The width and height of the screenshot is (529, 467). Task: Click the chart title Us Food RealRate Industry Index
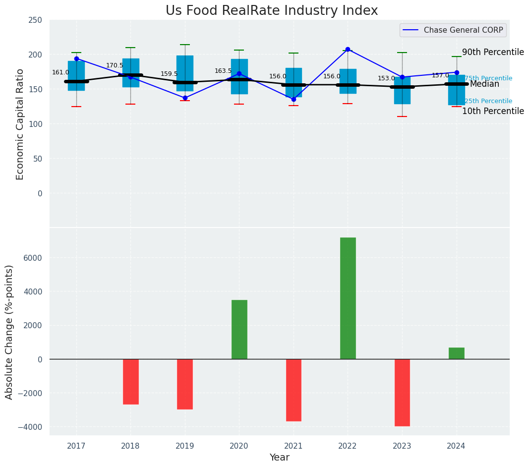click(271, 11)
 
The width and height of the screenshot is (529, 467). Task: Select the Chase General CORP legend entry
click(463, 30)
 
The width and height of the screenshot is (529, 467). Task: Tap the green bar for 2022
click(348, 298)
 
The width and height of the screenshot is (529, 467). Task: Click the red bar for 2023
click(402, 392)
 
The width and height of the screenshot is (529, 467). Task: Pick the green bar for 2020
click(239, 329)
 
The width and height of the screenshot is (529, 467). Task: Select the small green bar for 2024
click(456, 353)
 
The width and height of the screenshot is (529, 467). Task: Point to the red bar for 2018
click(130, 381)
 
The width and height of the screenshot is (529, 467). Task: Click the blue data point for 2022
click(348, 49)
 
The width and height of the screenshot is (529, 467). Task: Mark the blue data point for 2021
click(294, 99)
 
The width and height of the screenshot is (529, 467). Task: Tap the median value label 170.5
click(115, 65)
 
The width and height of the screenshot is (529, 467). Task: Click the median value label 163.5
click(223, 71)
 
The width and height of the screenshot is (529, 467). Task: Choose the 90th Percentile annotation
click(493, 52)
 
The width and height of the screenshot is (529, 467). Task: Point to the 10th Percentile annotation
click(493, 111)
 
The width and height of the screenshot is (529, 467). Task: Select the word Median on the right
click(484, 84)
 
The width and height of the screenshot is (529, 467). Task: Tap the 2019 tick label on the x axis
click(185, 446)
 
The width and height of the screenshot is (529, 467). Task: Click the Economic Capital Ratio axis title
click(20, 124)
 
